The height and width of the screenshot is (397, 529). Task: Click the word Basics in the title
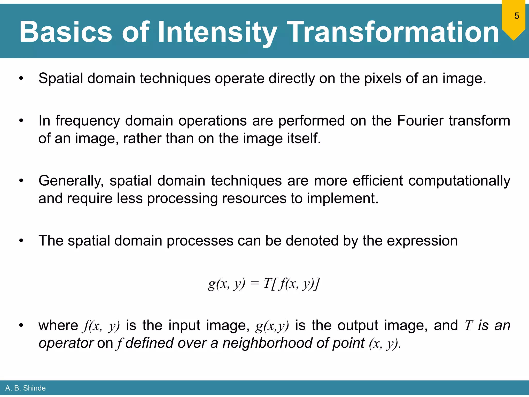[x=66, y=32]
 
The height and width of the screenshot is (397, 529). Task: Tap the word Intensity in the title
[x=217, y=32]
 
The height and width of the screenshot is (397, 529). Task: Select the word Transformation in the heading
[x=393, y=32]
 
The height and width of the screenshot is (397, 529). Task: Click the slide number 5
[x=516, y=16]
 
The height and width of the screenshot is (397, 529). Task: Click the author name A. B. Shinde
[x=25, y=388]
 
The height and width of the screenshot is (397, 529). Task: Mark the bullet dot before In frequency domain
[x=21, y=121]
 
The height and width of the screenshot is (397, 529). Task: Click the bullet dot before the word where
[x=21, y=325]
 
